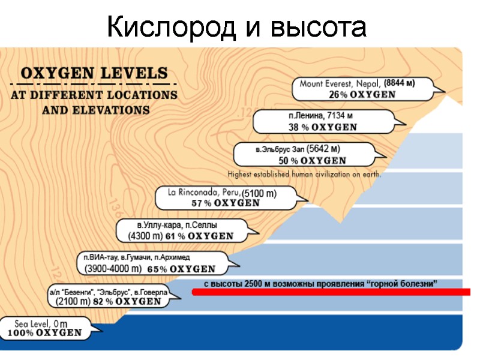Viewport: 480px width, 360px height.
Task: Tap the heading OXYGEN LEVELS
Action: pos(95,74)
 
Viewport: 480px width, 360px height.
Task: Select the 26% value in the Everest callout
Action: pos(337,95)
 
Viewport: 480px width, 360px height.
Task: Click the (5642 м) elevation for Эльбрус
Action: pos(323,149)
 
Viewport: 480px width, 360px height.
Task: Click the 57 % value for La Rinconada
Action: pos(201,203)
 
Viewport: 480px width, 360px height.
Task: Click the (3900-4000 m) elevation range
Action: pos(113,268)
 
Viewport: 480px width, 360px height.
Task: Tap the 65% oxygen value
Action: pos(157,268)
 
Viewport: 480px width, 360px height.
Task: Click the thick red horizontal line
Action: pos(330,292)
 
